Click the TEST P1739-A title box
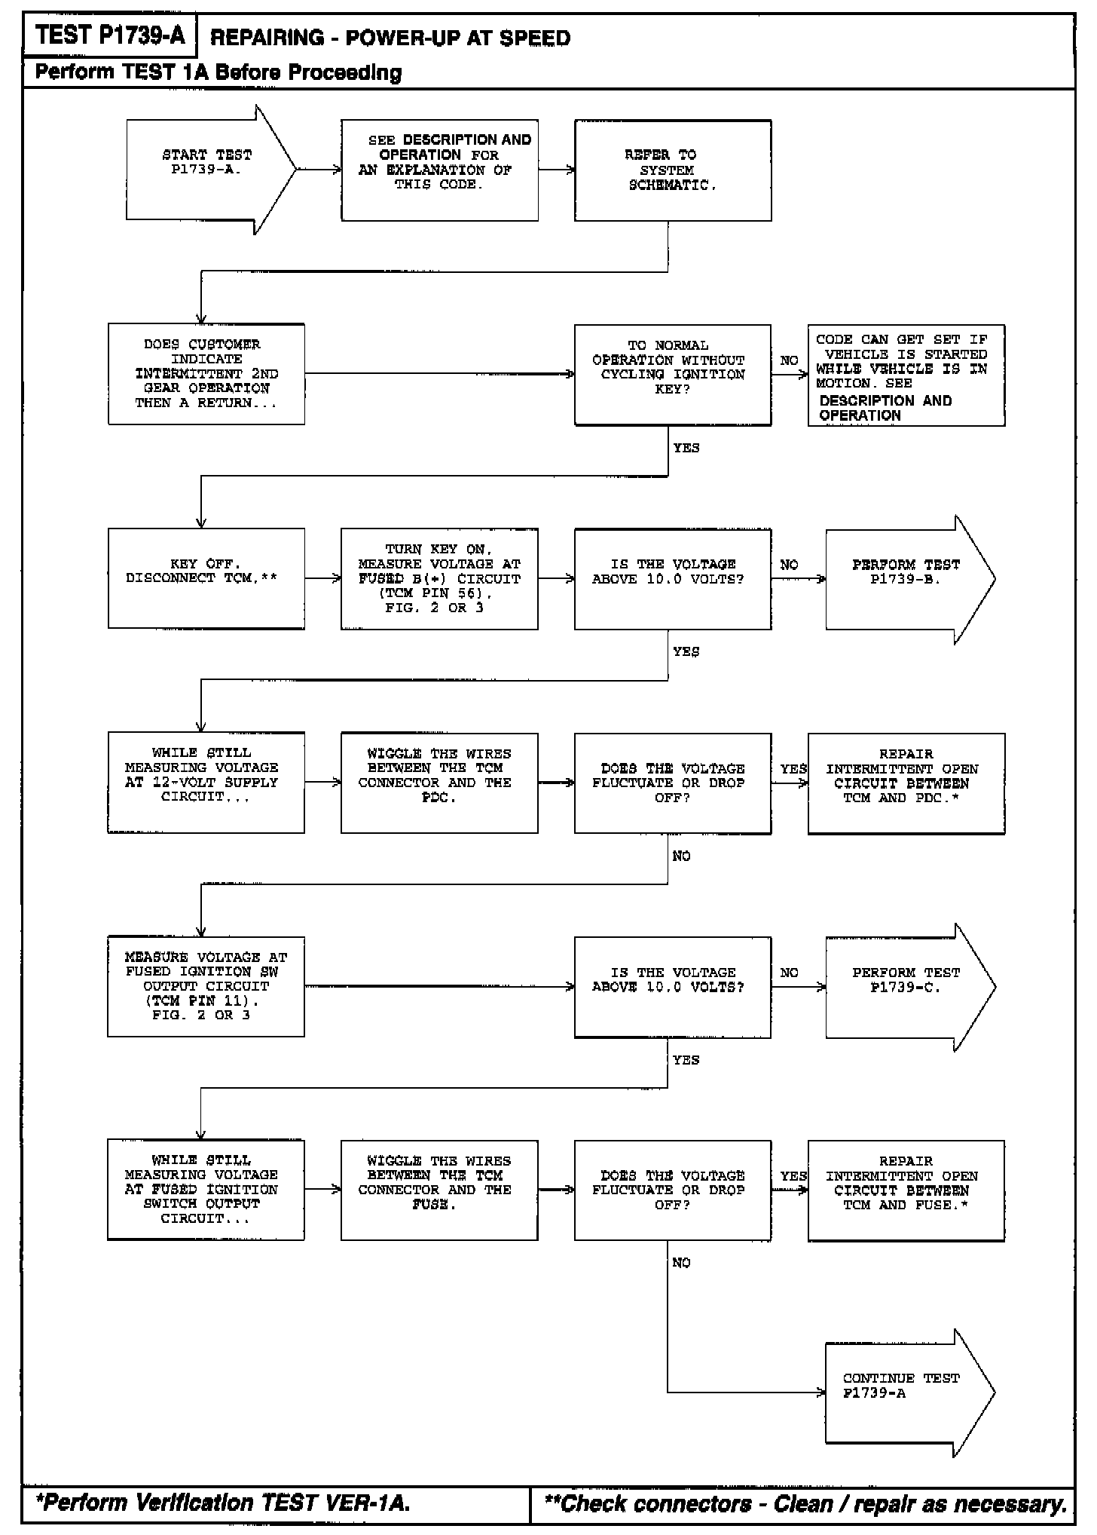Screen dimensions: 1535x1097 (109, 35)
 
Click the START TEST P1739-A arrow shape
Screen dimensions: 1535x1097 (207, 170)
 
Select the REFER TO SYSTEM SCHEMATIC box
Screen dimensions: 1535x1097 (672, 170)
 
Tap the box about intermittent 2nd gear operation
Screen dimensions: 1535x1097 (206, 374)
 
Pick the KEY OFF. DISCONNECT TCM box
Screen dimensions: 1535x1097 (206, 578)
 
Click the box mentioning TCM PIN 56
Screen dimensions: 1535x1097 (439, 578)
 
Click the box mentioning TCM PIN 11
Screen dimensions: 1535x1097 (206, 986)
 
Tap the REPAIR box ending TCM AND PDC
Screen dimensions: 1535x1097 (906, 783)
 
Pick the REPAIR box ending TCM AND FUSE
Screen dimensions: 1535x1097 (906, 1190)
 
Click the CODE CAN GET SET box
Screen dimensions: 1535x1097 (906, 375)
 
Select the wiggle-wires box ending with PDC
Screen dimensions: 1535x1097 (439, 783)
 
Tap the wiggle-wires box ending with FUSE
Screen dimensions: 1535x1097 (439, 1190)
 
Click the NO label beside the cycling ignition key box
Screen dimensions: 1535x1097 (789, 360)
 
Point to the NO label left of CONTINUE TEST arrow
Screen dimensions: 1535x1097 (681, 1262)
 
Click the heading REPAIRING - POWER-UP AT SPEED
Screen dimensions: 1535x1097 (390, 38)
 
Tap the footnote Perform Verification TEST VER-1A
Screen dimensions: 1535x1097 (223, 1503)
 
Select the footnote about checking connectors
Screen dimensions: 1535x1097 (805, 1503)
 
